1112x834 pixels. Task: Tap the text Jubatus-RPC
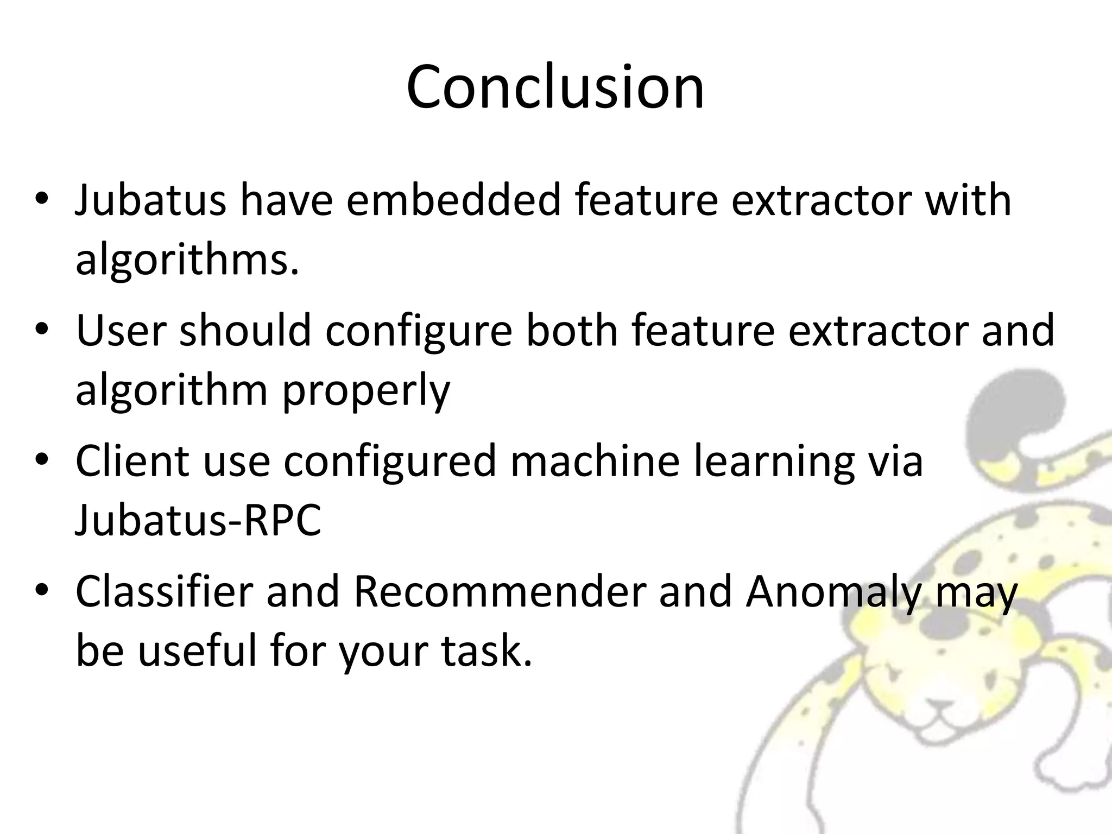click(x=198, y=520)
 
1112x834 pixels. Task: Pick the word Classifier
click(x=164, y=592)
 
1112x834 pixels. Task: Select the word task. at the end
click(x=486, y=652)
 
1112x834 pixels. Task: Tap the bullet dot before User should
click(x=42, y=331)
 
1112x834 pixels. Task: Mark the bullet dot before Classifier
click(x=42, y=592)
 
